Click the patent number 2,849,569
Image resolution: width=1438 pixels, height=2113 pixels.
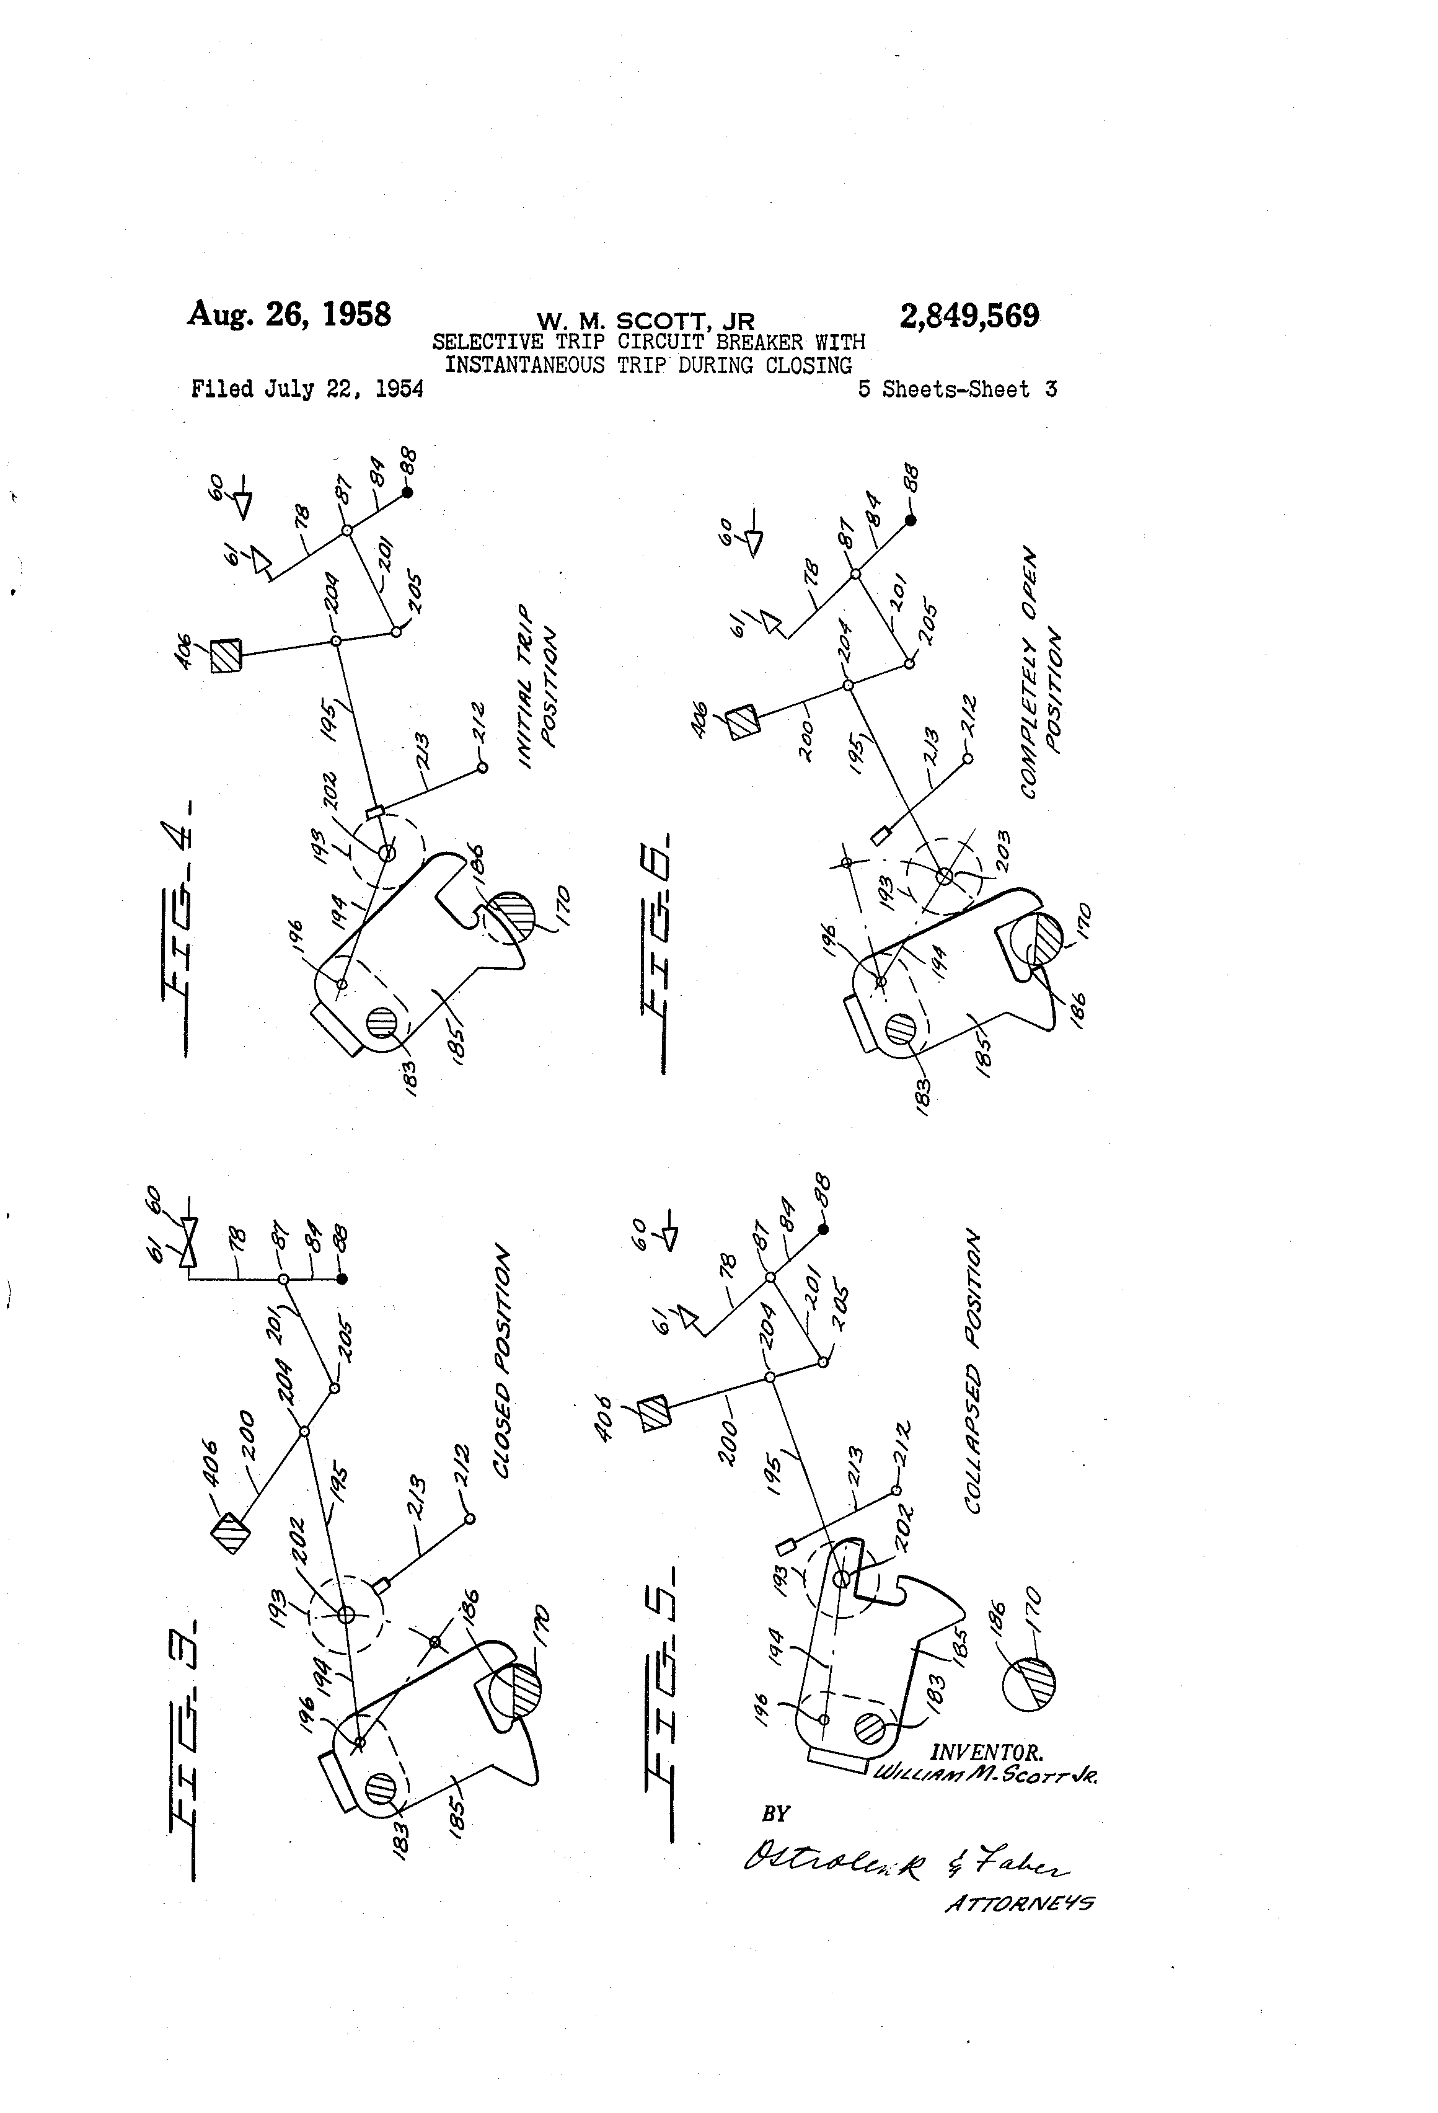969,316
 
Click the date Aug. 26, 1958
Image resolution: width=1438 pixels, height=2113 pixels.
289,314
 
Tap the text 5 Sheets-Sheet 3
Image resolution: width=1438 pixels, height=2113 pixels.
957,390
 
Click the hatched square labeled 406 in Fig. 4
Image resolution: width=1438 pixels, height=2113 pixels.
226,655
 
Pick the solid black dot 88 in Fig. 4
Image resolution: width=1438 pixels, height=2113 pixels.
407,492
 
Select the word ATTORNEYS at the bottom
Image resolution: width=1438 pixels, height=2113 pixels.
1020,1903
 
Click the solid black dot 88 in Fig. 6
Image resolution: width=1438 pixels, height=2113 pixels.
911,520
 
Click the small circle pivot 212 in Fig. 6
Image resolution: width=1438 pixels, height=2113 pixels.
967,758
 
